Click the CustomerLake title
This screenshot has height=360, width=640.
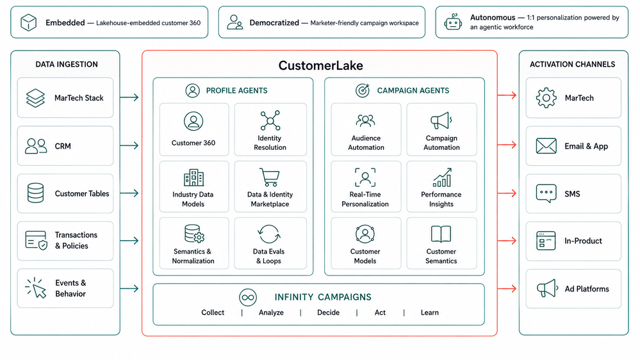pos(320,65)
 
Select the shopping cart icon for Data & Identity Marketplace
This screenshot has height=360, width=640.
pos(269,177)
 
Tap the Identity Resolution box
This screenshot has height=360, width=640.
pos(270,129)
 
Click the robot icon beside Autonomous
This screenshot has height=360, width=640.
pos(453,22)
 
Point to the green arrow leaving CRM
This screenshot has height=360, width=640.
pos(129,145)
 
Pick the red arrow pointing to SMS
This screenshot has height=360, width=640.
pos(507,193)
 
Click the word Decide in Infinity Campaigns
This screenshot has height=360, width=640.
pos(328,312)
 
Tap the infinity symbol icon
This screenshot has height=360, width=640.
pos(248,298)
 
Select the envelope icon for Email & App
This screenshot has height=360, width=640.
pos(546,145)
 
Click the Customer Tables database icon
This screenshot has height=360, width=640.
pos(35,193)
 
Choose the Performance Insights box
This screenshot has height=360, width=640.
pos(441,186)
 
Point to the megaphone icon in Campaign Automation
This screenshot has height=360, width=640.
pos(441,121)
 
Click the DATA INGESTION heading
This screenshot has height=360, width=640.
pos(67,64)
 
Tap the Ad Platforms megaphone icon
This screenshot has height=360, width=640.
pos(547,288)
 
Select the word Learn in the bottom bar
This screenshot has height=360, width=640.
pos(430,312)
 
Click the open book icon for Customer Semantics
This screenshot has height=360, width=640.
pos(441,234)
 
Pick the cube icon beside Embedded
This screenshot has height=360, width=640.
pos(29,22)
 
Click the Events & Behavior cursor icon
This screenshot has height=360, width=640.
pos(36,288)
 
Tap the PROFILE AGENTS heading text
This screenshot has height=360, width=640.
pos(237,90)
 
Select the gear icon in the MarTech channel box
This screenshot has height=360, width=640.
pos(546,98)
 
